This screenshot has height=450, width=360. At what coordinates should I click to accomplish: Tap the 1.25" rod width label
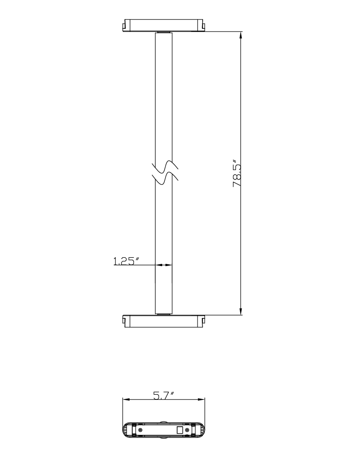126,261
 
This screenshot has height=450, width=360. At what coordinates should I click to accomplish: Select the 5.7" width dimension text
163,396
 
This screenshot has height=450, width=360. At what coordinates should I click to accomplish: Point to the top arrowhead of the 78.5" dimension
241,35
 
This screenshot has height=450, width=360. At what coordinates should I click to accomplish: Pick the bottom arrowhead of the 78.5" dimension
241,311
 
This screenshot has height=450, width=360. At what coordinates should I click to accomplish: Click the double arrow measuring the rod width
164,265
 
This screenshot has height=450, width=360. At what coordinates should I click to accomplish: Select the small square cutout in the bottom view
180,430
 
